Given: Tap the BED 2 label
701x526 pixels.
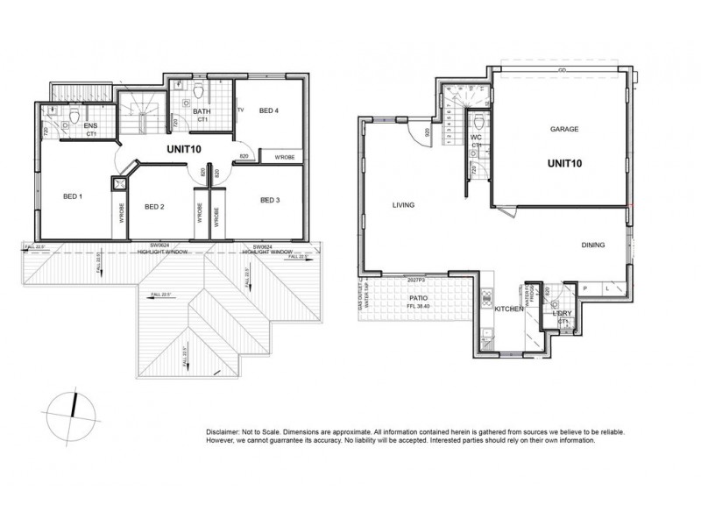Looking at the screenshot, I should [x=155, y=207].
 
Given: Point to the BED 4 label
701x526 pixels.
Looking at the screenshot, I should [x=269, y=111].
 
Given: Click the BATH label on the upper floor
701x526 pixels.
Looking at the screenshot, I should [x=202, y=111].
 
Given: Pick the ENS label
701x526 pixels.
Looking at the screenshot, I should [x=90, y=126].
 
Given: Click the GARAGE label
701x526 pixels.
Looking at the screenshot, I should [x=565, y=129].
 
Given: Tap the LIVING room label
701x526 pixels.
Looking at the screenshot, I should [x=403, y=205].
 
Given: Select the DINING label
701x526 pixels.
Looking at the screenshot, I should [x=592, y=245].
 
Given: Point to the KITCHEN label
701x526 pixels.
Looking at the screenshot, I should [x=508, y=310].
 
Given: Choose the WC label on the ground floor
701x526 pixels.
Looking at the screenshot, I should [x=477, y=138].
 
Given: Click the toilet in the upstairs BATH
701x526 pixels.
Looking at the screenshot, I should [x=200, y=92].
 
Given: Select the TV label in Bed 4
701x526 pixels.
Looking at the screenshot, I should [x=241, y=110].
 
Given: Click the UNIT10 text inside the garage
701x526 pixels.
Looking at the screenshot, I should [x=565, y=162].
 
